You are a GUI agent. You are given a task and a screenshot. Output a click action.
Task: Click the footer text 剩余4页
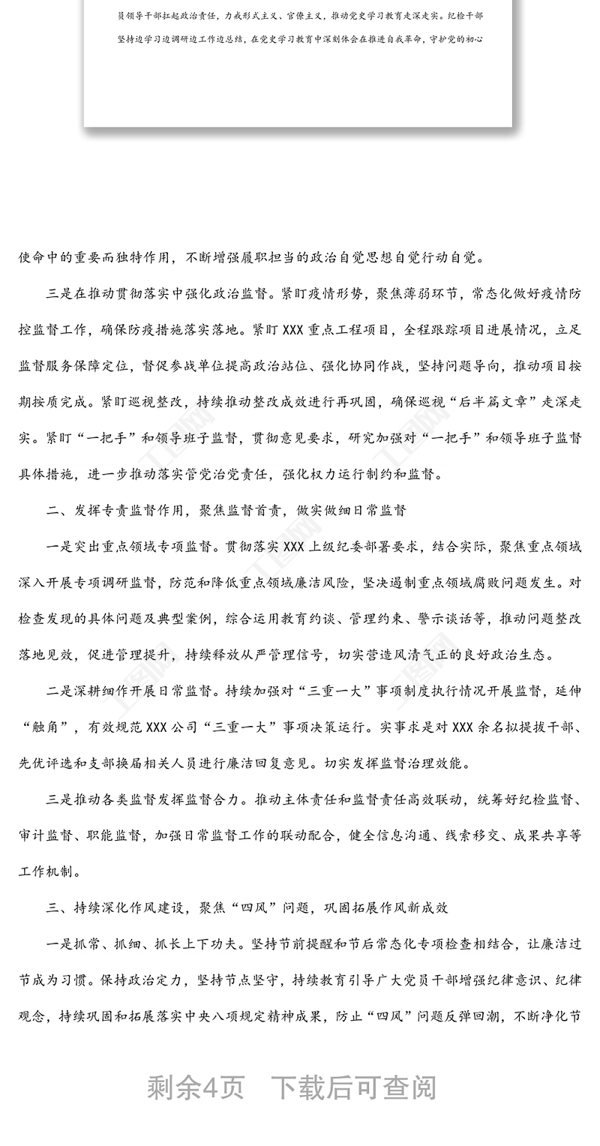[x=196, y=1087]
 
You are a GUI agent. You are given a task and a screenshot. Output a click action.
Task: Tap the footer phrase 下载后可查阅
[x=352, y=1087]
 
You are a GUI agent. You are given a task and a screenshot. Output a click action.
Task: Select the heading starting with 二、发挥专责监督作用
[x=226, y=510]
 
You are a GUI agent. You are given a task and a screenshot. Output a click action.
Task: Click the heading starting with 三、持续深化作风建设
[x=247, y=907]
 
